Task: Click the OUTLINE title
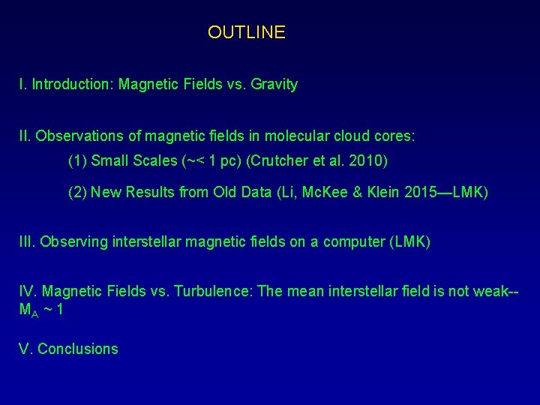point(246,32)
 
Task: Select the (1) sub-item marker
point(77,161)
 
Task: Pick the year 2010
point(368,161)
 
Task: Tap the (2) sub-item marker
point(77,193)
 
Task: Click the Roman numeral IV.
point(28,291)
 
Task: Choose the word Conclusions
point(78,349)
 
